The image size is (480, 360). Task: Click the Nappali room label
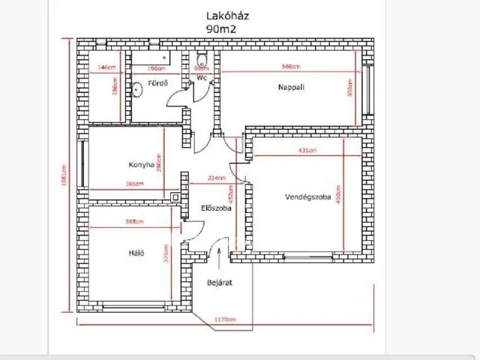coord(290,87)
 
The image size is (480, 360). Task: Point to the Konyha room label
coord(141,164)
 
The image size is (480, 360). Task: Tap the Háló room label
coord(136,253)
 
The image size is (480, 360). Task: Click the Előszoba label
coord(215,208)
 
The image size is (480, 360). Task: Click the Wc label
coord(202,77)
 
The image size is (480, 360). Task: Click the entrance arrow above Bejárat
coord(218,257)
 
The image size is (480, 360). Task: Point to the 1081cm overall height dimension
coord(64,178)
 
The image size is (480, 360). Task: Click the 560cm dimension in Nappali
coord(290,67)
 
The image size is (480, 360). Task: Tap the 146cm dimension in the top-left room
coord(106,67)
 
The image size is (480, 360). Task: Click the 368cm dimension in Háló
coord(135,221)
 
